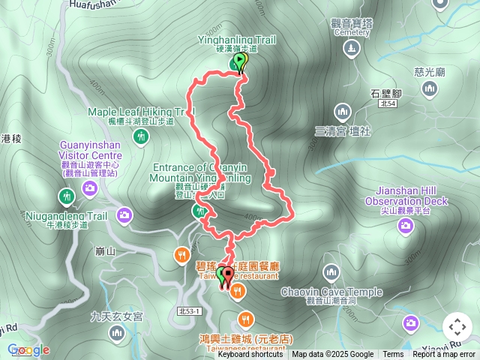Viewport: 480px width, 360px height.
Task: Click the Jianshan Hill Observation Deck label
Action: click(406, 196)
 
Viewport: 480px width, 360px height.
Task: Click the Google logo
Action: click(28, 349)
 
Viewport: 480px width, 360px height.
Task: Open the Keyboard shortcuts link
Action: click(250, 355)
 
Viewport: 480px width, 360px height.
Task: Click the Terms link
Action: click(393, 355)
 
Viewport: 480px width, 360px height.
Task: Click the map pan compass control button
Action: click(457, 327)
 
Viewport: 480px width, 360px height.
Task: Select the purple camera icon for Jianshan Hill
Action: click(406, 226)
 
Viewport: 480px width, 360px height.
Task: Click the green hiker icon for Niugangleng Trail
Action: click(66, 196)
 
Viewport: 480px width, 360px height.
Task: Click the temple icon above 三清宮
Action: click(343, 112)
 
